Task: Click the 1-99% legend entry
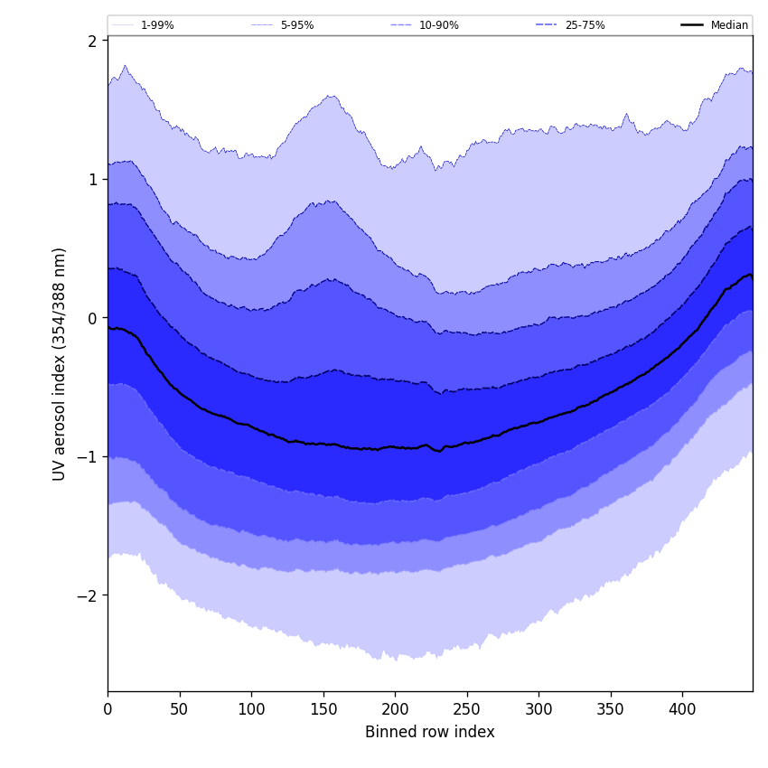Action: [x=156, y=25]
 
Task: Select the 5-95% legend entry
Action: [x=296, y=25]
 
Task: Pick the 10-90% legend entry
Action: [x=438, y=25]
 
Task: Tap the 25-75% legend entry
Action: [x=585, y=25]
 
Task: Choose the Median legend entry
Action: [x=728, y=25]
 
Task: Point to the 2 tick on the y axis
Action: [x=92, y=41]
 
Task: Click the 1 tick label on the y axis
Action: [x=92, y=179]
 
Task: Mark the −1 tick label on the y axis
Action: [x=89, y=456]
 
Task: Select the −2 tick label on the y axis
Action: [x=89, y=595]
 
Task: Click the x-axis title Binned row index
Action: [x=430, y=732]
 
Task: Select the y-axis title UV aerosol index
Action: [x=60, y=363]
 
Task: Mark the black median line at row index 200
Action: [x=395, y=447]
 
